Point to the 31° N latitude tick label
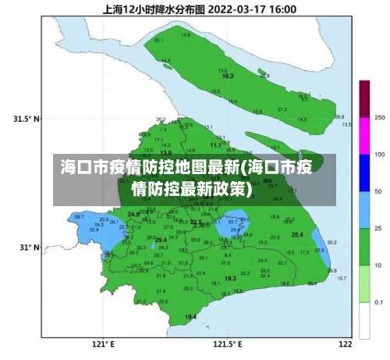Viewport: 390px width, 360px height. click(x=29, y=247)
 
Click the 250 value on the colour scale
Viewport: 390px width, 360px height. click(x=379, y=117)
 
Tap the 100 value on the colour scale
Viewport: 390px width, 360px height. click(x=379, y=155)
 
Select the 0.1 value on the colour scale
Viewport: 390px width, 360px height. click(x=379, y=301)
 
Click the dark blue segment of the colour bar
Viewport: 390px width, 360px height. click(x=364, y=173)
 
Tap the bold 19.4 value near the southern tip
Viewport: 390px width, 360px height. click(x=190, y=316)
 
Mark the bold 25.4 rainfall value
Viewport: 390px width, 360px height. click(x=297, y=234)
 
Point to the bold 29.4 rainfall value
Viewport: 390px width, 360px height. click(x=160, y=240)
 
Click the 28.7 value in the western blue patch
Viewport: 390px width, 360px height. click(x=78, y=216)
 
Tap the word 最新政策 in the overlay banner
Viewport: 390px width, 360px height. click(x=213, y=188)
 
